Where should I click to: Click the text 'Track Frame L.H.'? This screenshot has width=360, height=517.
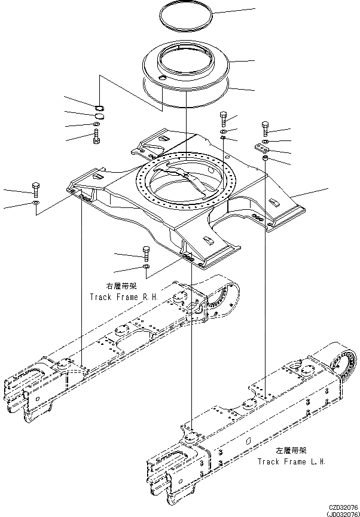(x=291, y=461)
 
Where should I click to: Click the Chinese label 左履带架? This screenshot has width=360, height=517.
(x=291, y=451)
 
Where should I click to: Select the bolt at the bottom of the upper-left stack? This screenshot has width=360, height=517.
(x=96, y=138)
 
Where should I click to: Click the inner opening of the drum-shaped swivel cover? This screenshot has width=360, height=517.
(x=186, y=59)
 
